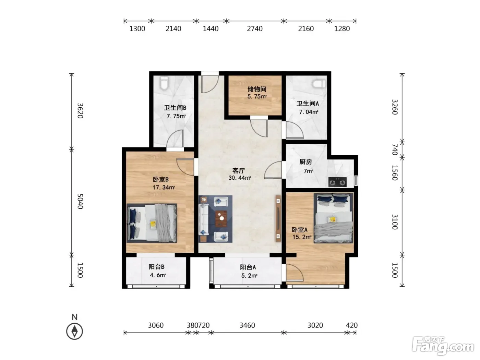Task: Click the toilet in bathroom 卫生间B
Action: point(164,83)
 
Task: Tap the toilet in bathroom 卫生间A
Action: point(319,84)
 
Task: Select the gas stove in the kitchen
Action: point(337,182)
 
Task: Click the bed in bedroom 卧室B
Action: point(152,223)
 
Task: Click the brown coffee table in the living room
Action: point(221,219)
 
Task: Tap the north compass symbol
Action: point(74,331)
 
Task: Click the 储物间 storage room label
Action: point(257,89)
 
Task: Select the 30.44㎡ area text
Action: point(240,178)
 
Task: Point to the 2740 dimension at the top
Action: point(255,29)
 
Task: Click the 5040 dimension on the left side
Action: point(80,201)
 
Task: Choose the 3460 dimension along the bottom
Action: point(247,325)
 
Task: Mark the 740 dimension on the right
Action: point(395,149)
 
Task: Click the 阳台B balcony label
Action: point(157,267)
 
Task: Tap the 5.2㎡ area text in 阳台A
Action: point(249,276)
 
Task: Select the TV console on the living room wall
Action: point(278,218)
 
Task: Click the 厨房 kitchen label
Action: point(305,162)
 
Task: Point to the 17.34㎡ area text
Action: point(164,187)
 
